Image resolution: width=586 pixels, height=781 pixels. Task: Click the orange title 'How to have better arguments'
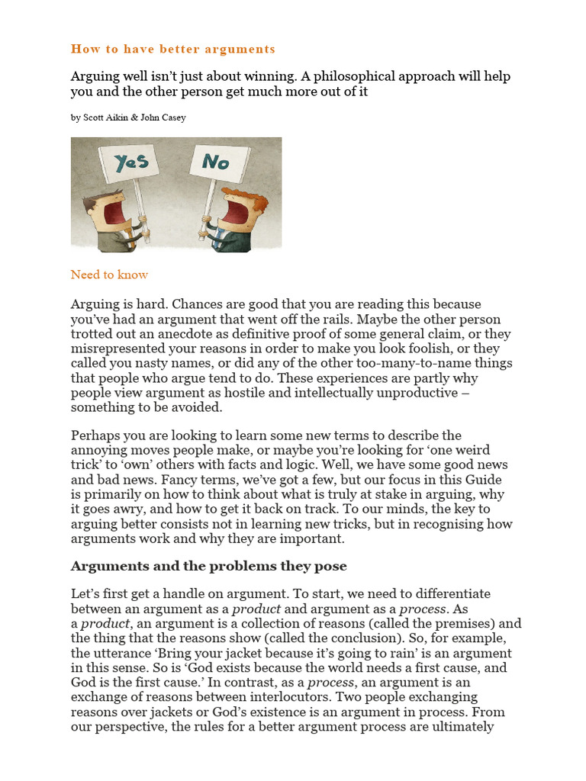click(172, 49)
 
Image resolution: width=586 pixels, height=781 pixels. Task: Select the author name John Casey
click(163, 117)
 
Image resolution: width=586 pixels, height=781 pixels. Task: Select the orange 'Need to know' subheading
click(109, 275)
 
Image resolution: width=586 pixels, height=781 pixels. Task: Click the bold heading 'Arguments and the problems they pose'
click(208, 566)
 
